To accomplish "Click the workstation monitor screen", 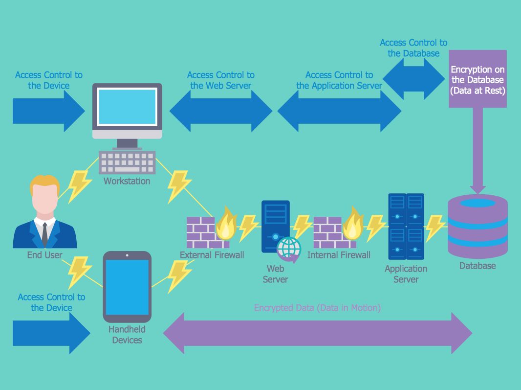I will pyautogui.click(x=127, y=106).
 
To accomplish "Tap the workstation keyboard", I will pyautogui.click(x=127, y=162).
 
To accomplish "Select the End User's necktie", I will pyautogui.click(x=44, y=234).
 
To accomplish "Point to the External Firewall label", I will pyautogui.click(x=212, y=255).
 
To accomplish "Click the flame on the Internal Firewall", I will pyautogui.click(x=352, y=224).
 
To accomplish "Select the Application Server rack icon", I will pyautogui.click(x=406, y=226).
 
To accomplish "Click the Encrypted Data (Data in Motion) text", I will pyautogui.click(x=317, y=308).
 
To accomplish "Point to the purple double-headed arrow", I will pyautogui.click(x=317, y=333).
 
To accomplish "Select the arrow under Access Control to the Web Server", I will pyautogui.click(x=220, y=111).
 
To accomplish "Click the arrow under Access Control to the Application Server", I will pyautogui.click(x=339, y=111).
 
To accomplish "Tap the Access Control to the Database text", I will pyautogui.click(x=413, y=48).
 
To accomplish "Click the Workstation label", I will pyautogui.click(x=127, y=181).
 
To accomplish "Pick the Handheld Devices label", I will pyautogui.click(x=127, y=335).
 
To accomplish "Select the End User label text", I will pyautogui.click(x=44, y=255).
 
